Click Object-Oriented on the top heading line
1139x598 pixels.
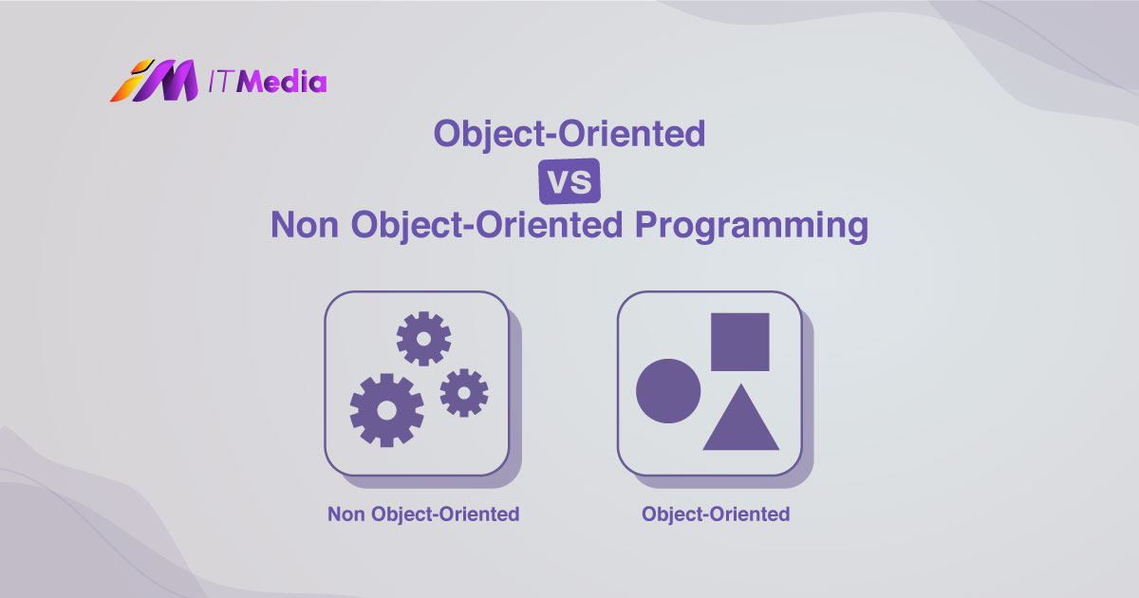tap(569, 133)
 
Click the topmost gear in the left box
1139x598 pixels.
tap(423, 338)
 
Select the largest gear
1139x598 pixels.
tap(386, 410)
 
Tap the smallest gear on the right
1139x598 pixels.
tap(464, 392)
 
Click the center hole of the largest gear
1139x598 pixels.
tap(386, 410)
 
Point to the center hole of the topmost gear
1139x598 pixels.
tap(423, 338)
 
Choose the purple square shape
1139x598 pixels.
tap(739, 342)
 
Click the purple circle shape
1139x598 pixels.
tap(668, 391)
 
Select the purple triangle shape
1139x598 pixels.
tap(740, 422)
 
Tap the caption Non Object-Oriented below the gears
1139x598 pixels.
tap(423, 514)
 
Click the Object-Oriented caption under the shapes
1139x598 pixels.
tap(715, 514)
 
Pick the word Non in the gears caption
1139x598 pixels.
tap(347, 514)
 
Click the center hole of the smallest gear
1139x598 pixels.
tap(464, 392)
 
